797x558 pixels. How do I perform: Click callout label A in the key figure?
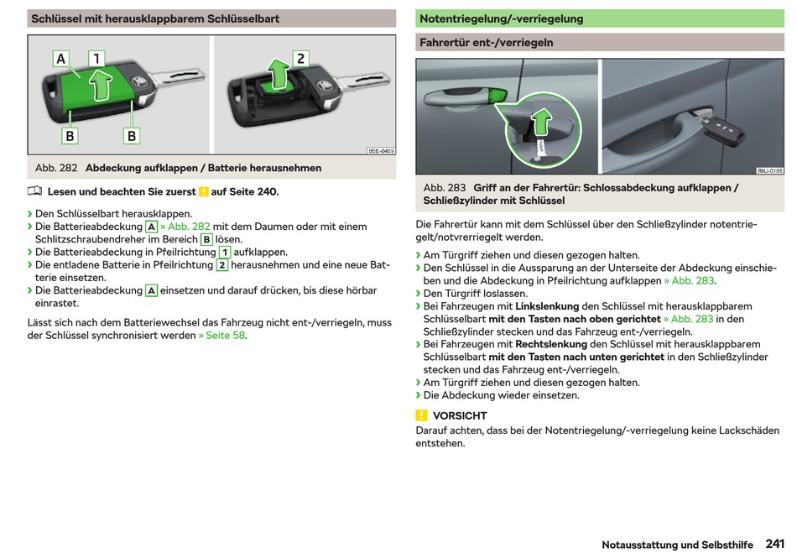[x=61, y=58]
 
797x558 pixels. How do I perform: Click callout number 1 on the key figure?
[x=97, y=58]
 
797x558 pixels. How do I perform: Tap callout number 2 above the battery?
[x=300, y=58]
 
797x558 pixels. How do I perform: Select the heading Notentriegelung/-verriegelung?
[x=501, y=18]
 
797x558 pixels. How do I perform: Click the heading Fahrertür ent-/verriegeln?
[x=486, y=42]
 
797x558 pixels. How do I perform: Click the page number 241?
[x=775, y=545]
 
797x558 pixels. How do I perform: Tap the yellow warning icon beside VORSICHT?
[x=421, y=415]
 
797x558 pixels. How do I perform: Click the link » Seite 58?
[x=222, y=336]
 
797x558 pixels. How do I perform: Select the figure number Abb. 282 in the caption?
[x=56, y=168]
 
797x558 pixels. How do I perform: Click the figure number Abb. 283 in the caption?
[x=445, y=188]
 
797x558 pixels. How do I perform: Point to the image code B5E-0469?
[x=381, y=151]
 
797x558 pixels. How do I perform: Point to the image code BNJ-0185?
[x=769, y=170]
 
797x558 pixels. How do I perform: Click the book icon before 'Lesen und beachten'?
[x=34, y=191]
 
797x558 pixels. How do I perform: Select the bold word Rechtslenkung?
[x=550, y=344]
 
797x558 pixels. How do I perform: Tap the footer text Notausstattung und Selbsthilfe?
[x=677, y=545]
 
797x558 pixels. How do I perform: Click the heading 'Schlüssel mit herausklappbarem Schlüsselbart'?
[x=155, y=18]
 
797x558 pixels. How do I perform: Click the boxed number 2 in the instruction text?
[x=222, y=265]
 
